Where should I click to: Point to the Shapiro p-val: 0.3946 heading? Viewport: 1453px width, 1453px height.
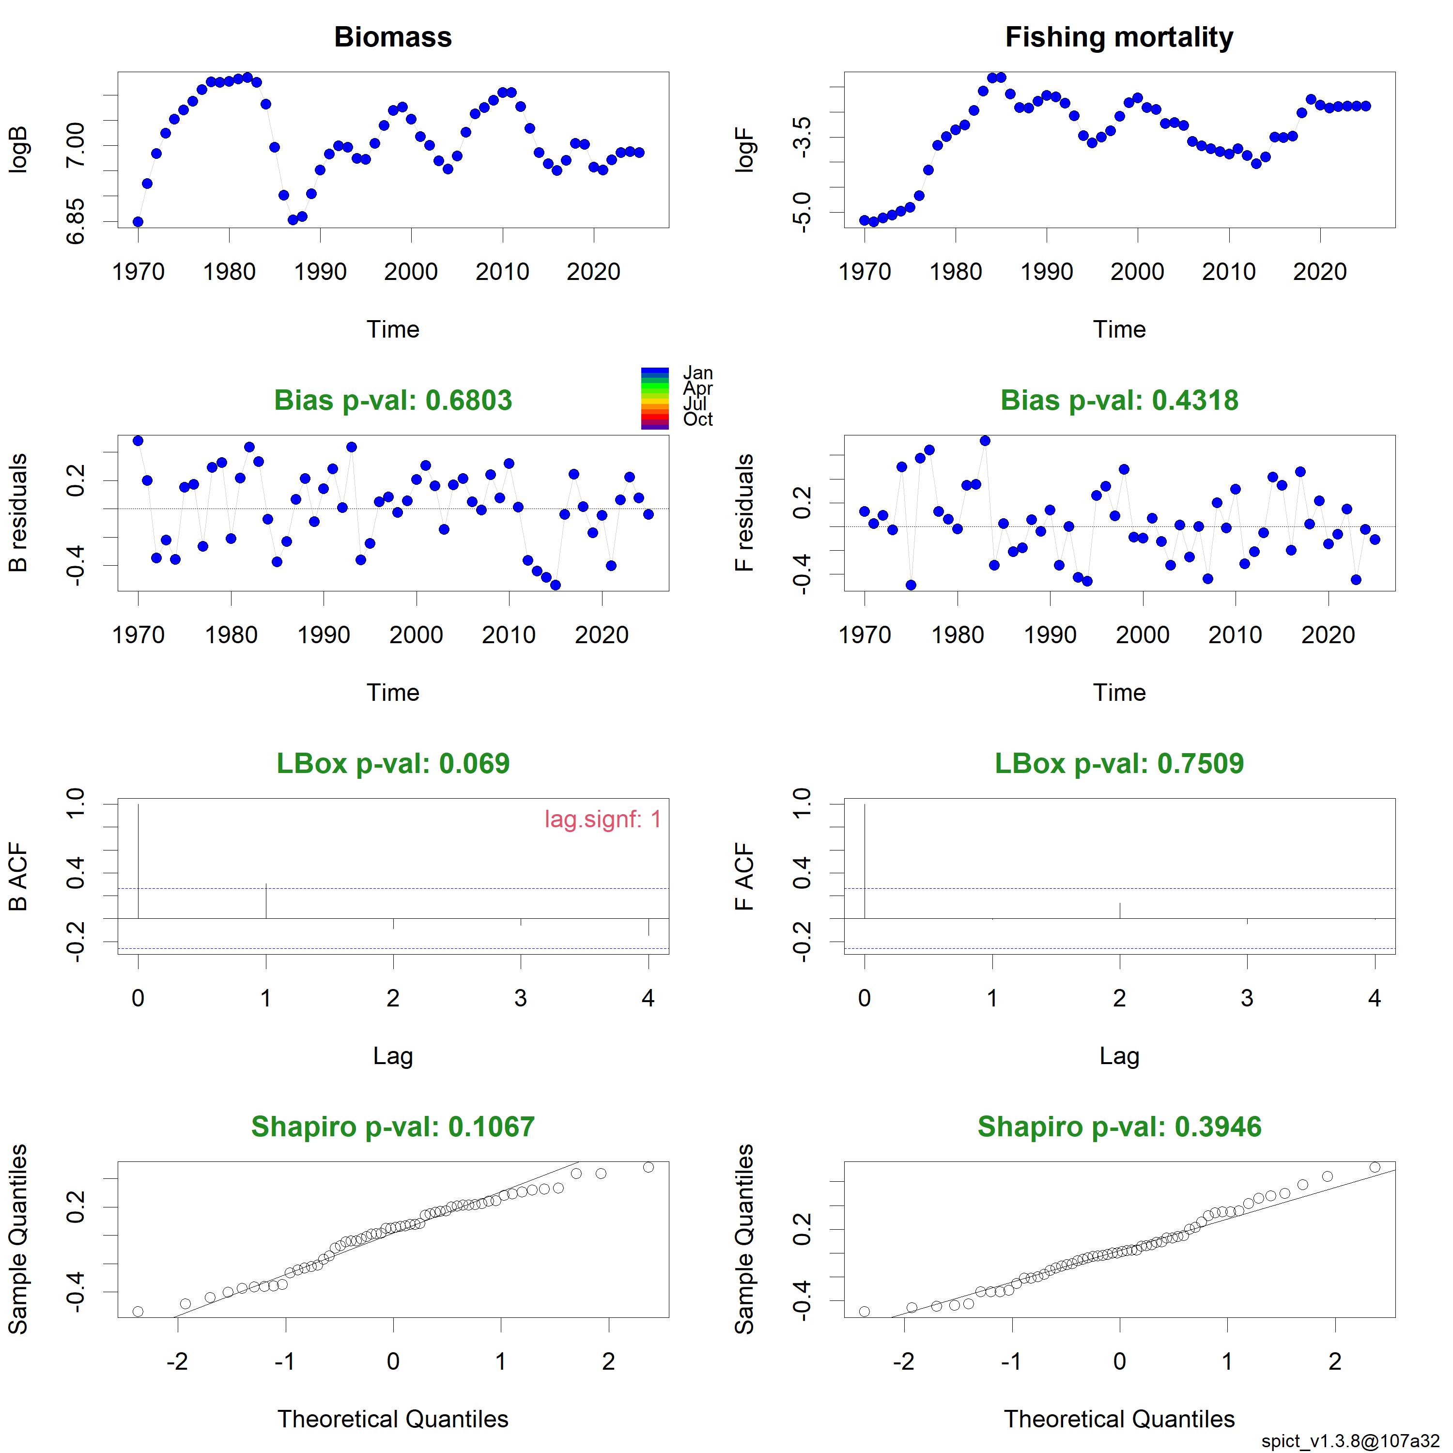click(x=1119, y=1127)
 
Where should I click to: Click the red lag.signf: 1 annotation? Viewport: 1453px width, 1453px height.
click(x=603, y=819)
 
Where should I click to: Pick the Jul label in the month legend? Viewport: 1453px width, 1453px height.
click(x=695, y=404)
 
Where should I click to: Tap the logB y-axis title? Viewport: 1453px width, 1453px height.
click(x=18, y=150)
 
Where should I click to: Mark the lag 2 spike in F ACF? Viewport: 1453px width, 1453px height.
click(x=1120, y=911)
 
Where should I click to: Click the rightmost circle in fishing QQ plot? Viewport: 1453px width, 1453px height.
click(x=1375, y=1167)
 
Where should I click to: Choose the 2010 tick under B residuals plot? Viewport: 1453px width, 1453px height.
click(x=509, y=635)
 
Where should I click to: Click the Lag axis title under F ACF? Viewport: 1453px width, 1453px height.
click(x=1119, y=1056)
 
